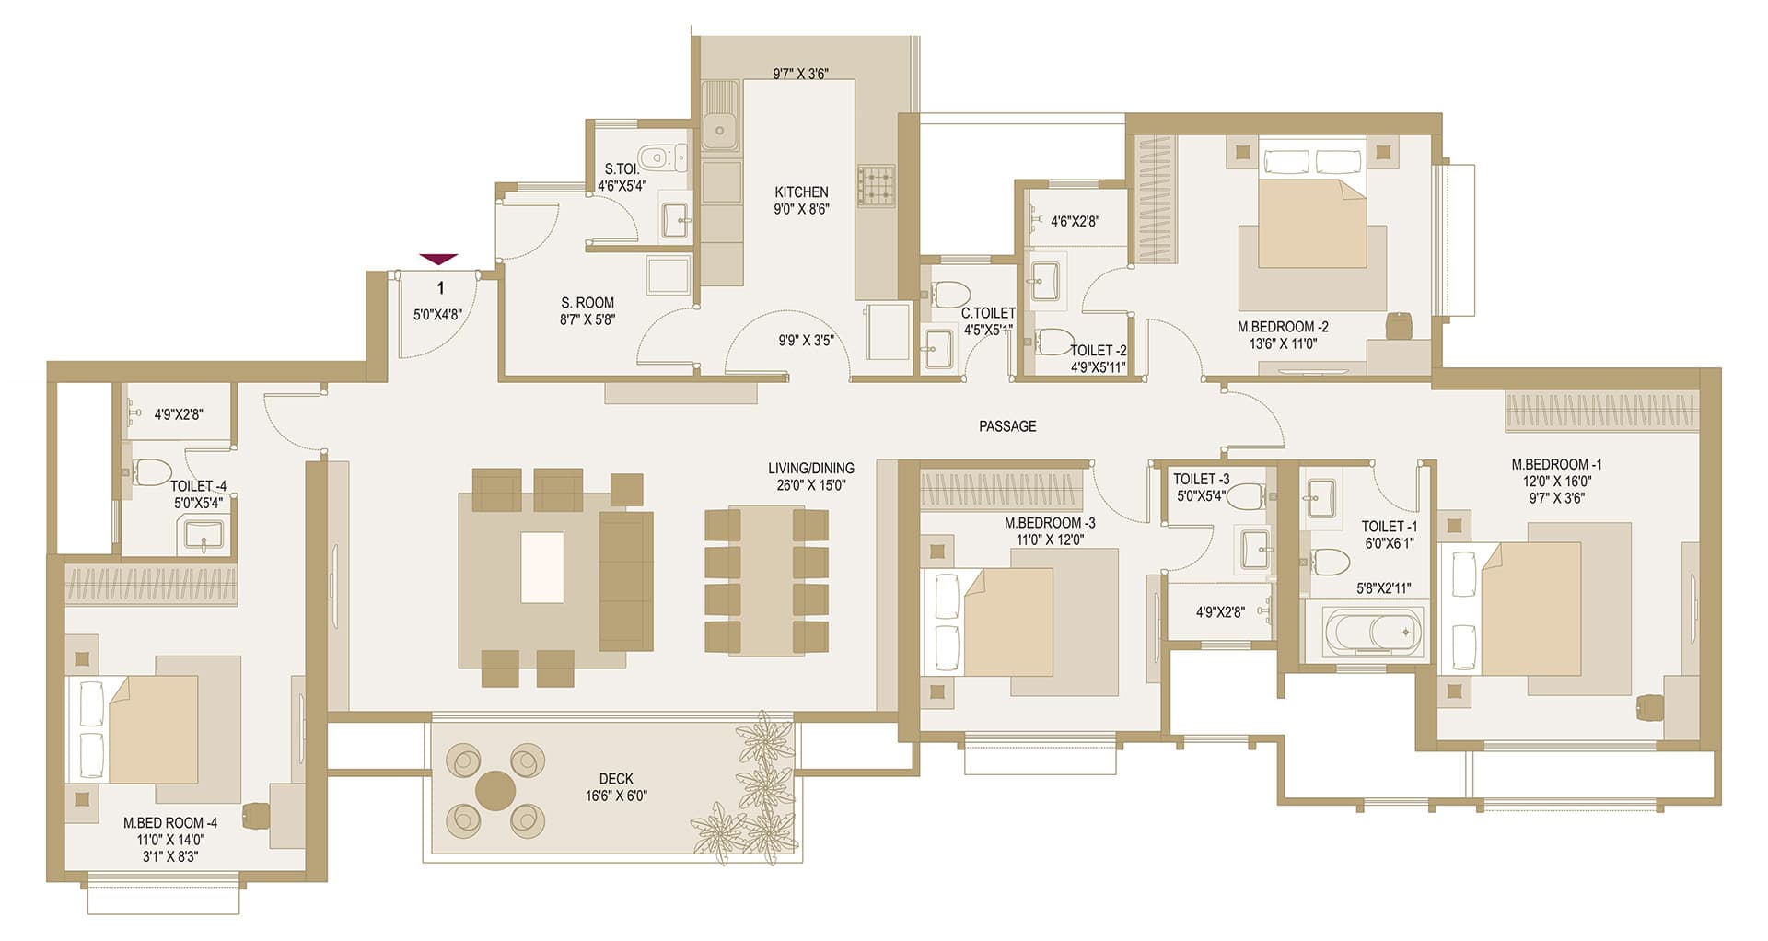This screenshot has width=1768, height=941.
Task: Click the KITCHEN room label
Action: pyautogui.click(x=801, y=192)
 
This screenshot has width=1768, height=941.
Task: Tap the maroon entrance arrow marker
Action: pyautogui.click(x=438, y=260)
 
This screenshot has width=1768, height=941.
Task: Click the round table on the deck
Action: pyautogui.click(x=495, y=790)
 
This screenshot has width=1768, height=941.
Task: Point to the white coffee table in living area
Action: pyautogui.click(x=542, y=567)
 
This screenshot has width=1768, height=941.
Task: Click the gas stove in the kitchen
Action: pyautogui.click(x=877, y=184)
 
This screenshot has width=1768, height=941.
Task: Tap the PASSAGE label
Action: pyautogui.click(x=1007, y=426)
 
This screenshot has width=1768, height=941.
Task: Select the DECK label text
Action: pyautogui.click(x=616, y=779)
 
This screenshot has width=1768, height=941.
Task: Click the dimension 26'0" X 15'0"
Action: pyautogui.click(x=810, y=485)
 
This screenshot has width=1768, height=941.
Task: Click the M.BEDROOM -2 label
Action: pyautogui.click(x=1283, y=327)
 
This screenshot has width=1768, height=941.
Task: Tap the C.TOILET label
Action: pyautogui.click(x=988, y=313)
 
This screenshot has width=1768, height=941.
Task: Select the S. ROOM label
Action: pyautogui.click(x=587, y=303)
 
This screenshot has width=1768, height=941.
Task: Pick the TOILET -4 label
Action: pyautogui.click(x=199, y=486)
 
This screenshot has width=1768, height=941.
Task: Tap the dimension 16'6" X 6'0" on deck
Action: pyautogui.click(x=616, y=796)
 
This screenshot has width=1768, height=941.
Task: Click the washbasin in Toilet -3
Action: pyautogui.click(x=1256, y=549)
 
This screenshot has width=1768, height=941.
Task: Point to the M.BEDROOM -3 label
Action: pyautogui.click(x=1050, y=523)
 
